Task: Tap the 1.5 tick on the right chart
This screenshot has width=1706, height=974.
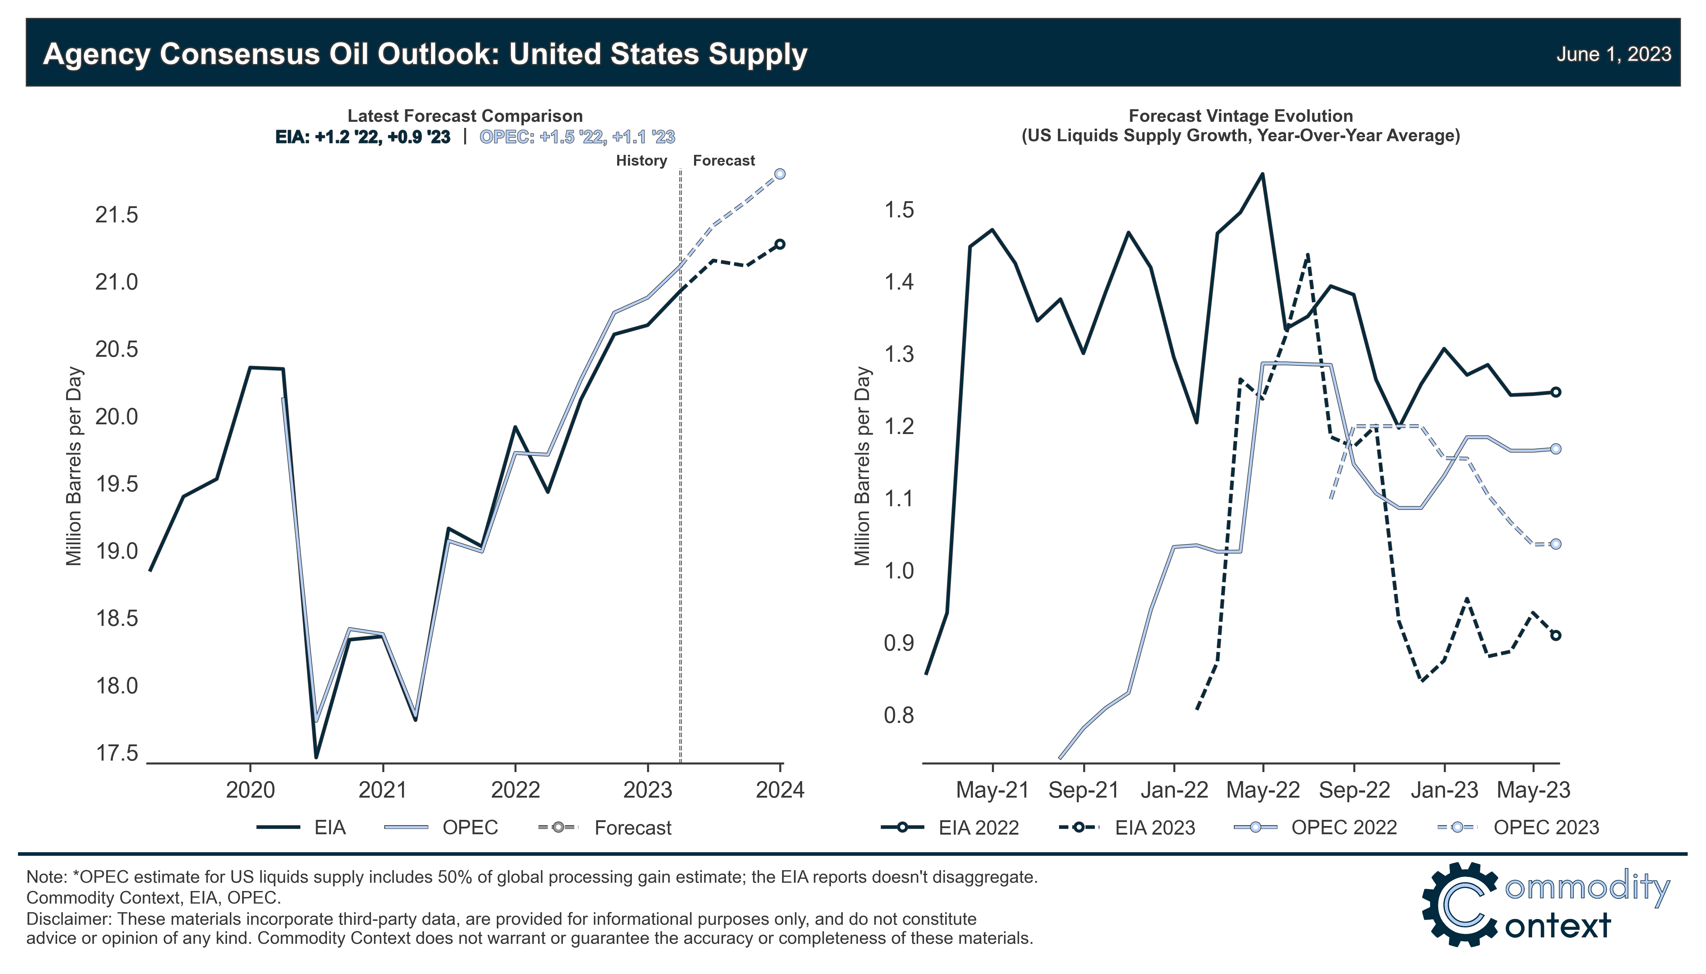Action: coord(899,210)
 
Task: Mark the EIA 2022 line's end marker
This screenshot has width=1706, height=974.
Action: coord(1555,392)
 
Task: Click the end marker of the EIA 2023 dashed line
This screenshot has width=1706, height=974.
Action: coord(1555,636)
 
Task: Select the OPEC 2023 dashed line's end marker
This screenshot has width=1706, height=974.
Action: coord(1555,544)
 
